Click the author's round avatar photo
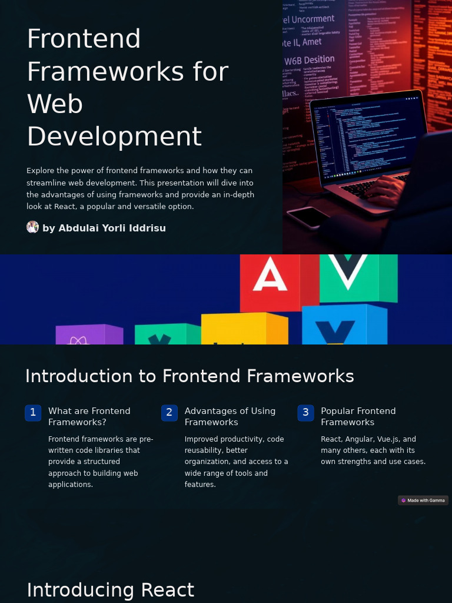point(32,227)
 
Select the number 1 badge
point(33,413)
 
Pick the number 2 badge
point(169,413)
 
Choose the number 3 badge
point(305,413)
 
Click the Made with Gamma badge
point(423,501)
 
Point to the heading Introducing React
point(110,589)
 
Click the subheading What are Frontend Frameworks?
point(89,416)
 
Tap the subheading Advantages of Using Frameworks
point(230,416)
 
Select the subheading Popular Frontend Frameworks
point(358,416)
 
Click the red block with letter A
point(271,281)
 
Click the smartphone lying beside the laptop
point(308,217)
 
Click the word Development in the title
point(114,137)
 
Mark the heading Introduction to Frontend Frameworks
point(190,376)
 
